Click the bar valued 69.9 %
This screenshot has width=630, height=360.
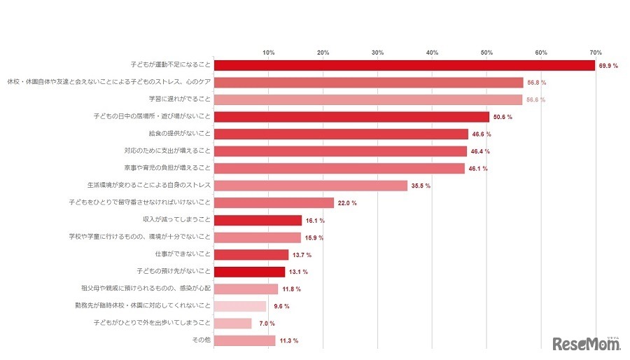click(x=404, y=65)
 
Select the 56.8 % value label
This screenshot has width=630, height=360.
click(x=537, y=83)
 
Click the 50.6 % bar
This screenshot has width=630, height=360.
click(x=351, y=117)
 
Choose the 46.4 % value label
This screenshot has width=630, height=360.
click(x=480, y=151)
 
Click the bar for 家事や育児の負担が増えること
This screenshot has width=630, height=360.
click(x=339, y=168)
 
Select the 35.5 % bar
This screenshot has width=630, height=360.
click(x=310, y=186)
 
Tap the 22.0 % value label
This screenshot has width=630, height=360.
click(x=347, y=203)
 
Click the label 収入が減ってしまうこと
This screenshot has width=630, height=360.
click(x=176, y=220)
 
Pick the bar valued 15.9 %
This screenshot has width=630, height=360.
click(x=257, y=237)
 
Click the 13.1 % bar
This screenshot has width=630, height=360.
click(x=249, y=272)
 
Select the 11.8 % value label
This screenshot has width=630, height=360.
click(x=291, y=289)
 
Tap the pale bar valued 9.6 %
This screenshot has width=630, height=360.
click(x=239, y=306)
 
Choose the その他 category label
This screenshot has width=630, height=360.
click(x=202, y=340)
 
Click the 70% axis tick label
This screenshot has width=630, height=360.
click(x=596, y=53)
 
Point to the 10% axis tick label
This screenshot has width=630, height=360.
click(x=268, y=53)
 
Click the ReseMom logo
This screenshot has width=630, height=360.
click(x=587, y=344)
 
